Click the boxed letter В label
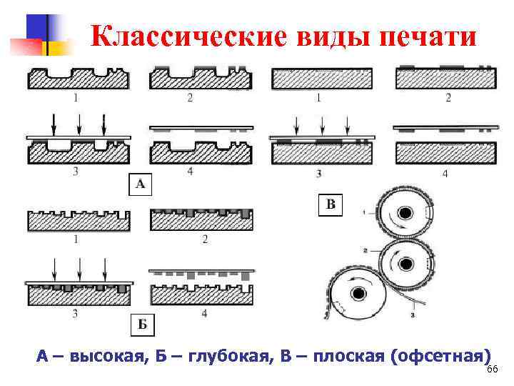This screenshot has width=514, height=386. click(331, 205)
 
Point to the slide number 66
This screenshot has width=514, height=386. click(490, 368)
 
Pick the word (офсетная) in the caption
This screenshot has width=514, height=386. click(441, 356)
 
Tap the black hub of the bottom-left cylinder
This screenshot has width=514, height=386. click(357, 294)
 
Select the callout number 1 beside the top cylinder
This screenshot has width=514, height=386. click(364, 212)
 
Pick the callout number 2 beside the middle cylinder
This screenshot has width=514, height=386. click(366, 251)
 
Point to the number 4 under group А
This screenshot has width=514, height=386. click(190, 171)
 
